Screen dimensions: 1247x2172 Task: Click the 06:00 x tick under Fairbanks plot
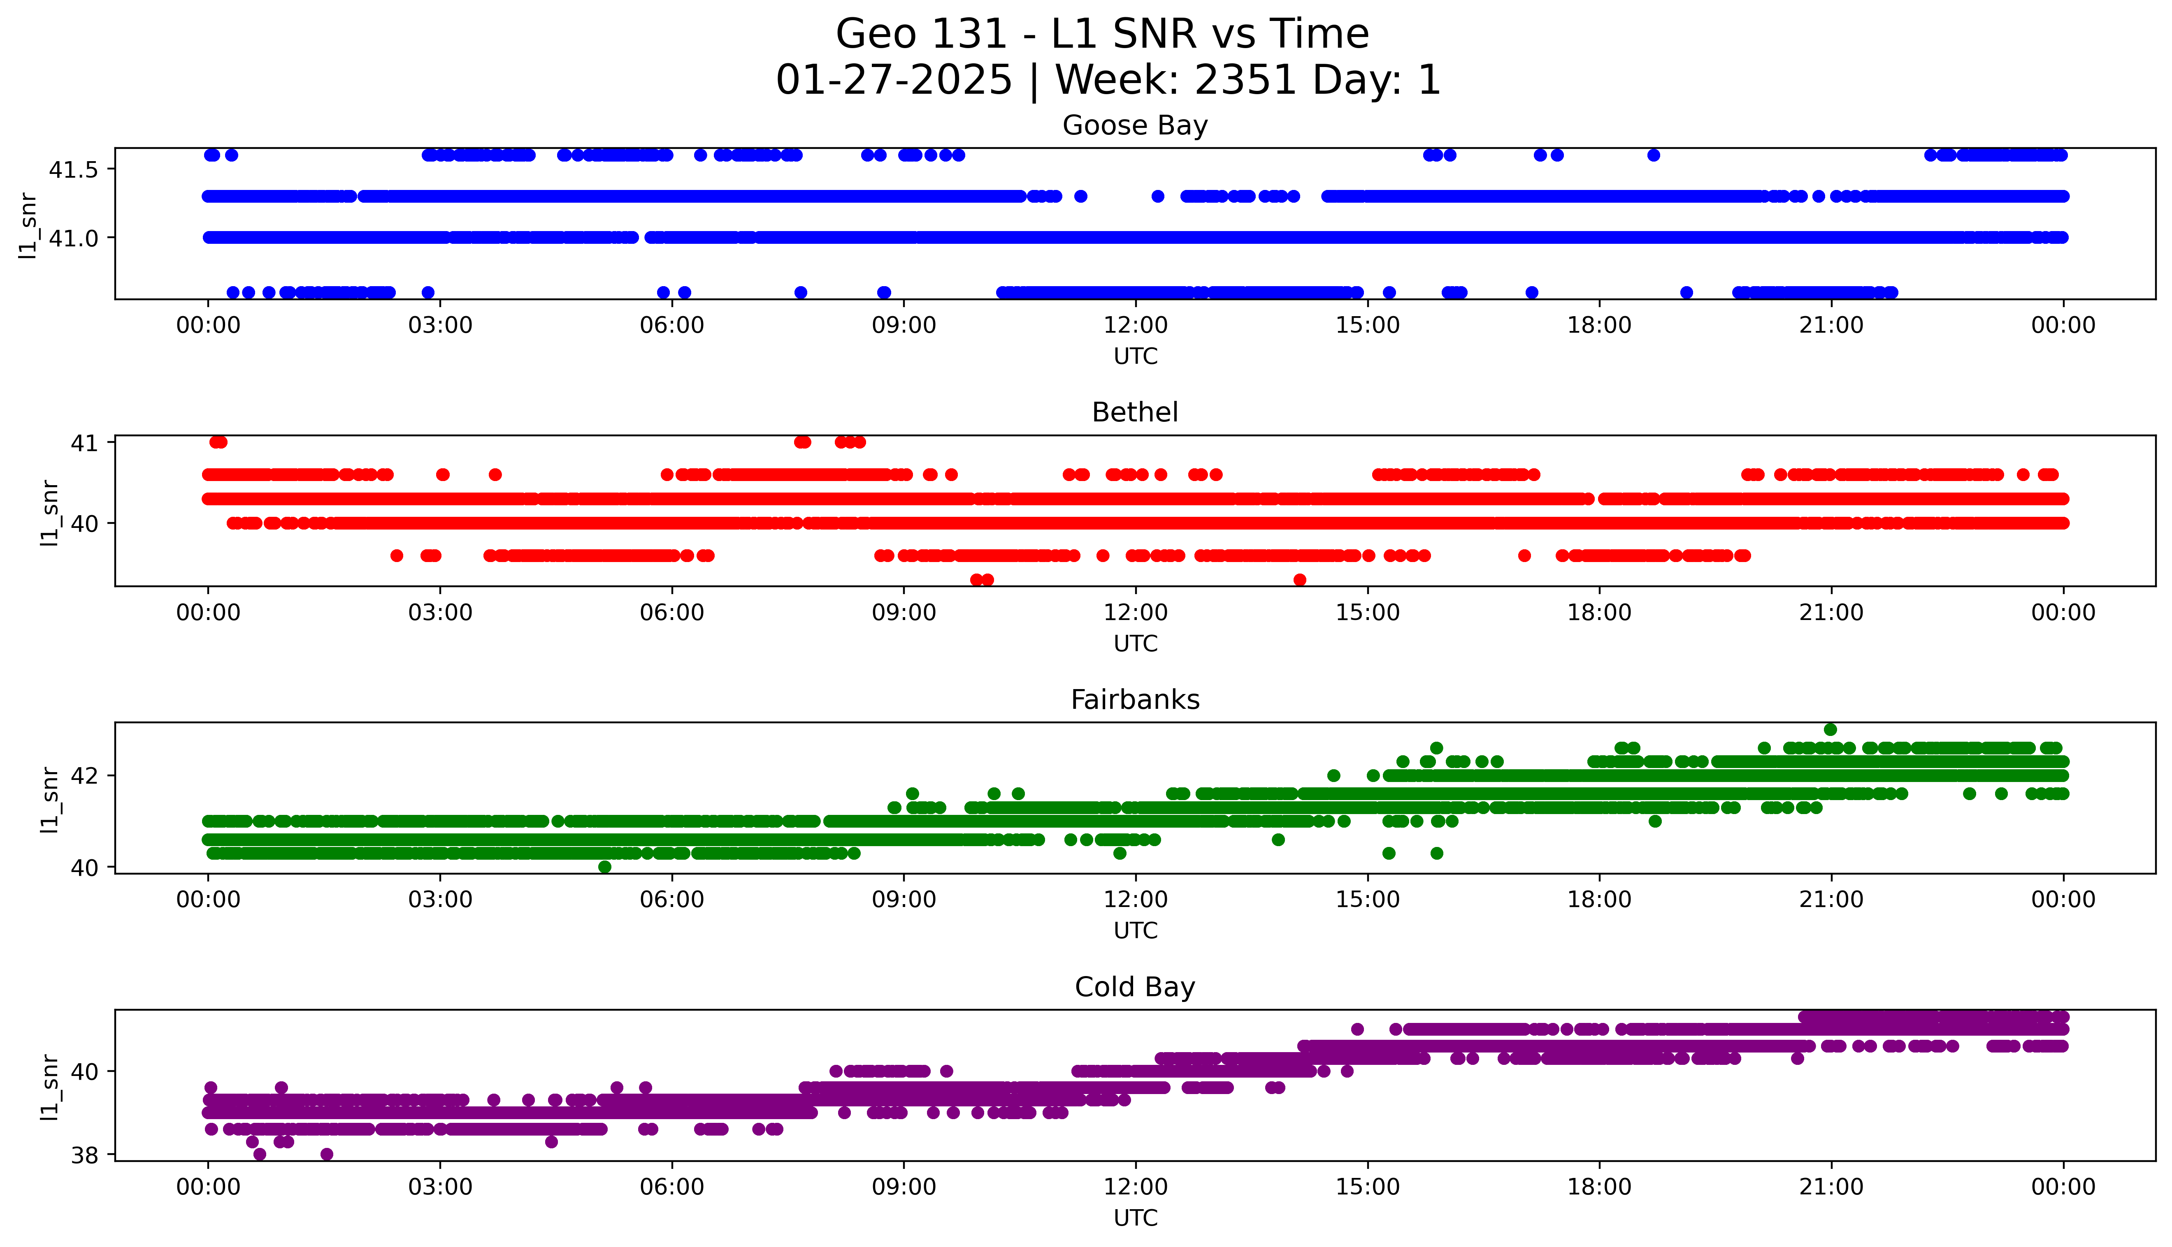pyautogui.click(x=672, y=900)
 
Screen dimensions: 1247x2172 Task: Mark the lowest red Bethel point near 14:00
pyautogui.click(x=1300, y=580)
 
